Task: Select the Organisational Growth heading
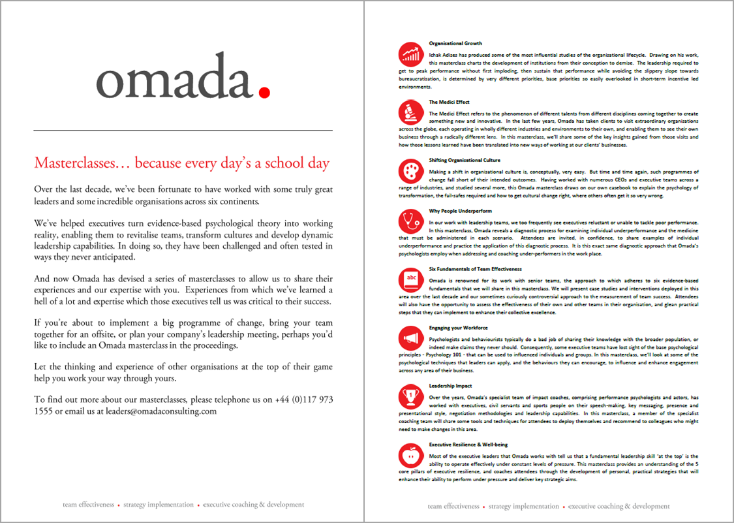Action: [x=455, y=43]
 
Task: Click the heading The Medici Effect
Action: [x=449, y=102]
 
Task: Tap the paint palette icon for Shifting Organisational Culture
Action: [x=410, y=171]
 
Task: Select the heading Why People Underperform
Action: [x=461, y=211]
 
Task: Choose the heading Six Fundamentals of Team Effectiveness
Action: [x=475, y=269]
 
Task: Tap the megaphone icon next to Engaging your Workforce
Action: [x=410, y=338]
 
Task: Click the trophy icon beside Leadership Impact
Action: [x=410, y=396]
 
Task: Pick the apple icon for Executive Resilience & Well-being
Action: [x=410, y=454]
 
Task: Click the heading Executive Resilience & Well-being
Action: [x=470, y=444]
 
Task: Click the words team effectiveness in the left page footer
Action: [x=89, y=505]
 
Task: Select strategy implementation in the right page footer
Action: [x=523, y=506]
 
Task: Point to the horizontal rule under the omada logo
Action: [x=183, y=131]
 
